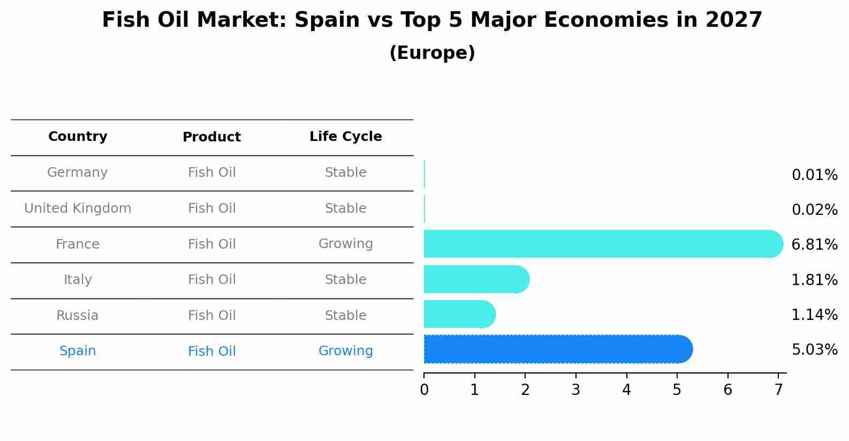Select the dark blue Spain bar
click(x=557, y=349)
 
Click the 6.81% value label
click(x=814, y=245)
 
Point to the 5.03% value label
click(x=814, y=350)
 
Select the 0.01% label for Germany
click(x=814, y=175)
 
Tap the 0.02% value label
click(x=814, y=210)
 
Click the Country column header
click(x=78, y=137)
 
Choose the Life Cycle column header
click(x=345, y=137)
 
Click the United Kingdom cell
click(x=78, y=208)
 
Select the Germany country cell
click(x=78, y=173)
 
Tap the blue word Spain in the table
click(x=78, y=351)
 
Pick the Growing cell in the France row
click(x=345, y=244)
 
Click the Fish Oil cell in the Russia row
click(x=211, y=316)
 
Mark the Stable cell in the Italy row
click(x=345, y=280)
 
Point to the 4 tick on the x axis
click(x=626, y=390)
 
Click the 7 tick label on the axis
click(x=778, y=390)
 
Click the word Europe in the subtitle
click(x=432, y=53)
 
